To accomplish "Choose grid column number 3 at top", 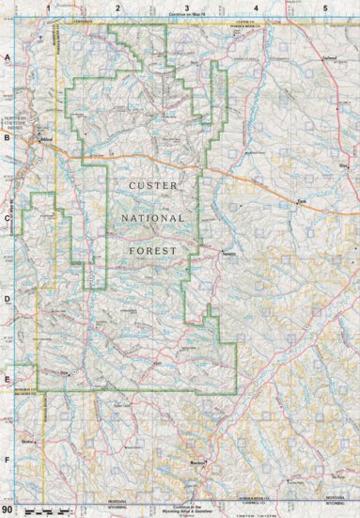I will click(x=186, y=8).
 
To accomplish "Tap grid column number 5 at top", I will click(x=324, y=8).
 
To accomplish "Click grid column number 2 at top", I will click(x=117, y=8).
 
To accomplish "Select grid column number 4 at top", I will click(x=256, y=8).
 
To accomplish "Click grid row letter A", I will click(x=7, y=58).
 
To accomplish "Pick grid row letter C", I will click(x=7, y=218).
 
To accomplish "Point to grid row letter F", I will click(x=7, y=460).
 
